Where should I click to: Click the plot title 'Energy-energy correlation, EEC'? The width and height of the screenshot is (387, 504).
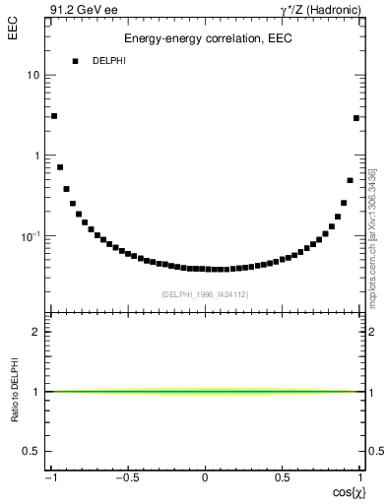(x=208, y=39)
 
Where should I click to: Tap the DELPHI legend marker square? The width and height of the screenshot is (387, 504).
(x=75, y=61)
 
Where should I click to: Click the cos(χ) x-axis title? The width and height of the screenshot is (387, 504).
(x=346, y=491)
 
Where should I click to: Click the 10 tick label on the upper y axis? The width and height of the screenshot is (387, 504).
(x=34, y=76)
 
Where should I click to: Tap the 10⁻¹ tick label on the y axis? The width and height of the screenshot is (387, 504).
(x=32, y=236)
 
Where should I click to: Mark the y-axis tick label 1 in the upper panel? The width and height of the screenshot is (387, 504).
(x=37, y=157)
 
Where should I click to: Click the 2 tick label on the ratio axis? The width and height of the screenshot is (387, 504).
(x=37, y=333)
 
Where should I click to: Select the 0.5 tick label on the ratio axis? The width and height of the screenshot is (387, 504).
(x=32, y=451)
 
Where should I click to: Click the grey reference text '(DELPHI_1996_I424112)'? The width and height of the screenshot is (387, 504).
(x=205, y=293)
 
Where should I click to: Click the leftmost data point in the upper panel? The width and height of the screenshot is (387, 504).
(x=54, y=116)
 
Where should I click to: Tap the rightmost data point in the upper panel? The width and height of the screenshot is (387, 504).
(x=356, y=118)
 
